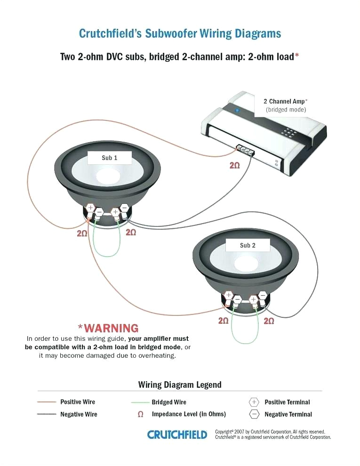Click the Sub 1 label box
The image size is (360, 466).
pos(109,158)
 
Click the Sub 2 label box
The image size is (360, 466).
pos(248,245)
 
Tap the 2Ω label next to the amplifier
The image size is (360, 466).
pos(234,165)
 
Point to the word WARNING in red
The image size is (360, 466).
pos(108,328)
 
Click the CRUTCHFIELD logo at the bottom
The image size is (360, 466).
pos(177,434)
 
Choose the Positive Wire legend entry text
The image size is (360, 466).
pos(78,402)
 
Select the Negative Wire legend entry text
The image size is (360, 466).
pos(79,414)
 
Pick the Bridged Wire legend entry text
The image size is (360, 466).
pos(168,402)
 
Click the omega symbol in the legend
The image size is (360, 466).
pos(140,414)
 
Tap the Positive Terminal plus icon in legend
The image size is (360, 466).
pos(254,402)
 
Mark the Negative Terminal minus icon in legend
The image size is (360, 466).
pos(254,414)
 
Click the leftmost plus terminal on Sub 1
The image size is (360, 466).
pos(90,209)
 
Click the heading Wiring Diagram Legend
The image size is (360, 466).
pos(179,385)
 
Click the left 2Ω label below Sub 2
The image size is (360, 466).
pos(223,321)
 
